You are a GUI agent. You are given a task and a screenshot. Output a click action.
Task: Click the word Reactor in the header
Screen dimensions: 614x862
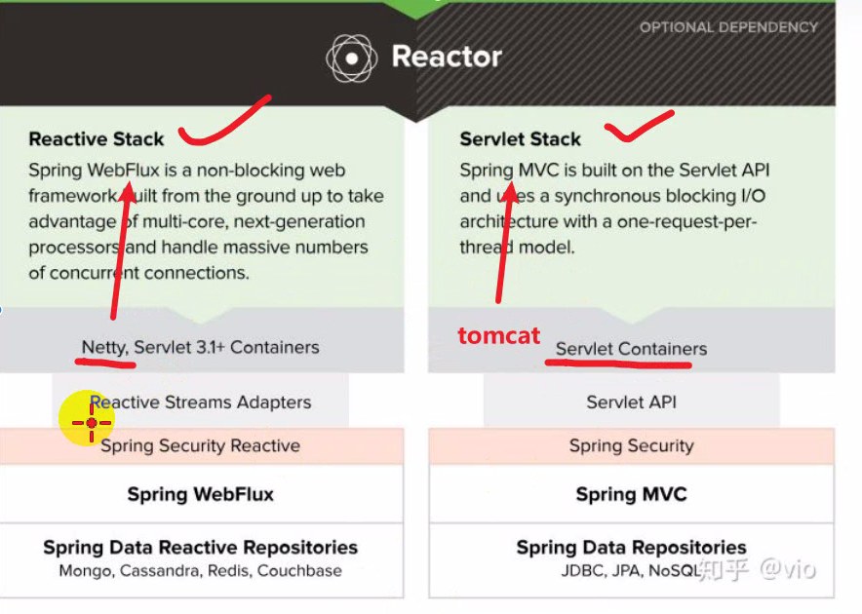pyautogui.click(x=447, y=57)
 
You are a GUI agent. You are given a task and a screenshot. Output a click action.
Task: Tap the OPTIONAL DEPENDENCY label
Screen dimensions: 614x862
pyautogui.click(x=728, y=27)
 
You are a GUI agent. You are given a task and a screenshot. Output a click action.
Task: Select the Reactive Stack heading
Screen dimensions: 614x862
pyautogui.click(x=97, y=139)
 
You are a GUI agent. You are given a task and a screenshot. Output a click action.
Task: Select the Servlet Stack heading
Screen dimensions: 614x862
pyautogui.click(x=520, y=139)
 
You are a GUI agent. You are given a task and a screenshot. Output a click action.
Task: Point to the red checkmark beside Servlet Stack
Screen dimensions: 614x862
pyautogui.click(x=639, y=124)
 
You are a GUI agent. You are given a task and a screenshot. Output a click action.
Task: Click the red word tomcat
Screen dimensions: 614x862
pyautogui.click(x=498, y=336)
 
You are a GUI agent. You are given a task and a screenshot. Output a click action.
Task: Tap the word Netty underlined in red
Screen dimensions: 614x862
pyautogui.click(x=103, y=347)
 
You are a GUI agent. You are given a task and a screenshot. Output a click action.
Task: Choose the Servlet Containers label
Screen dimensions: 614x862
pyautogui.click(x=631, y=349)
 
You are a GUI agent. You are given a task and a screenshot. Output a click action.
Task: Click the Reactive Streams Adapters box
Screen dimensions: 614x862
pyautogui.click(x=201, y=402)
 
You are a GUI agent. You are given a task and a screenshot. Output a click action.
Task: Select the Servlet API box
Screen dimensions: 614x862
pyautogui.click(x=631, y=402)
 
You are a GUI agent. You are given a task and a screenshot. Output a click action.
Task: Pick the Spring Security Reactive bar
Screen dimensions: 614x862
pyautogui.click(x=201, y=446)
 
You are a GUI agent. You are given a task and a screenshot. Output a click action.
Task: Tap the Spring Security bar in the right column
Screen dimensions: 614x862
pyautogui.click(x=631, y=446)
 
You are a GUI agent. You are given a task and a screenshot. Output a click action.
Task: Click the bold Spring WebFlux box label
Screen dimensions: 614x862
pyautogui.click(x=201, y=494)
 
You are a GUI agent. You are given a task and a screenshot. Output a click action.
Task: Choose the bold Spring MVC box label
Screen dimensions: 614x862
pyautogui.click(x=631, y=494)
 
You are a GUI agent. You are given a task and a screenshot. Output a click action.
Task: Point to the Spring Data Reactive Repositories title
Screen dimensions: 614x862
pyautogui.click(x=201, y=547)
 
